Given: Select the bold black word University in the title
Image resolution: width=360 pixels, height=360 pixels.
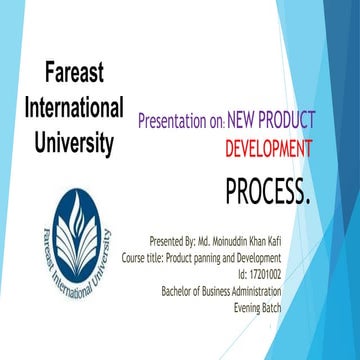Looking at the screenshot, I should pyautogui.click(x=74, y=141).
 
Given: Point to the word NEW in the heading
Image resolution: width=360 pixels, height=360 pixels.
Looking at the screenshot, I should pyautogui.click(x=243, y=119).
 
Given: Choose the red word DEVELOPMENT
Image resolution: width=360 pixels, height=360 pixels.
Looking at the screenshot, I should pyautogui.click(x=268, y=149).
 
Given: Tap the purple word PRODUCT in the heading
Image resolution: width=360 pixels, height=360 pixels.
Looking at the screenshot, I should pyautogui.click(x=290, y=119).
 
